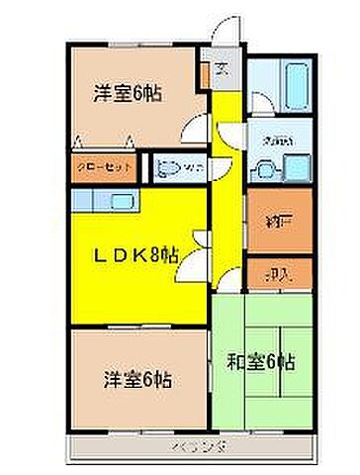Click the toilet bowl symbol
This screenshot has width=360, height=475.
point(168,166)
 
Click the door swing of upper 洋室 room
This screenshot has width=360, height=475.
point(199,126)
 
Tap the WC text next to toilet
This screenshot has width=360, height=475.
point(193,168)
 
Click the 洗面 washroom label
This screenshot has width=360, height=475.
point(270,142)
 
